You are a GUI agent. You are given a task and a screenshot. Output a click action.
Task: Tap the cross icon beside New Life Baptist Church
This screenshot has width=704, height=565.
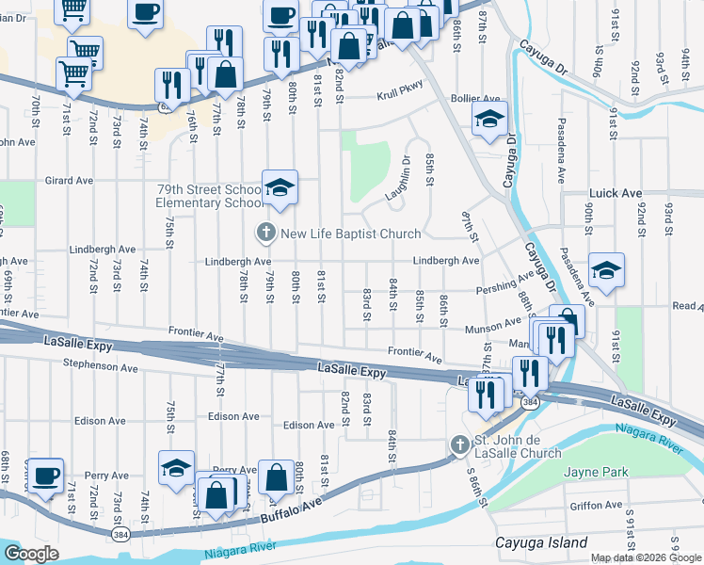tap(266, 232)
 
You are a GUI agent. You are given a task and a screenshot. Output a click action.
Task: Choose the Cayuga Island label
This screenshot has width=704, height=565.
tap(541, 542)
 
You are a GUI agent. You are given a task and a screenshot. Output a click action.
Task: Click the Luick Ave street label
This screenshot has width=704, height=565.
tap(616, 193)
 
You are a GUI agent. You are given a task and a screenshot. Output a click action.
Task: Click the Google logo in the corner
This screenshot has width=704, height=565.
tap(32, 554)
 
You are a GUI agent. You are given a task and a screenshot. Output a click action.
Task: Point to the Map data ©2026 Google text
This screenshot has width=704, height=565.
tap(646, 557)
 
